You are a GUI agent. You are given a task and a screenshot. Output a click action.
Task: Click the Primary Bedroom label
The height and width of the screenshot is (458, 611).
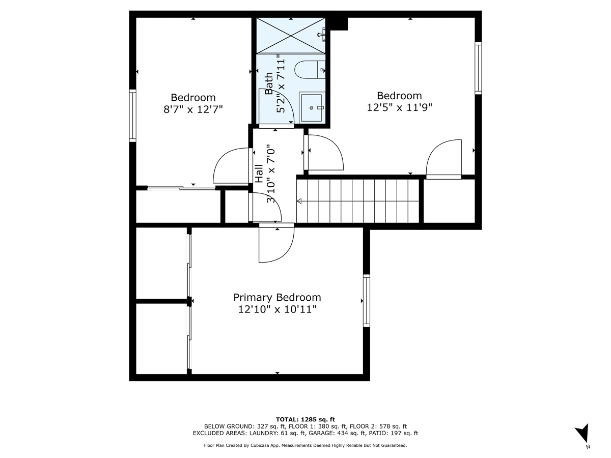277,297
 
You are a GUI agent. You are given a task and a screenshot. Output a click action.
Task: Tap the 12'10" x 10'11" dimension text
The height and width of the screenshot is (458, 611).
277,309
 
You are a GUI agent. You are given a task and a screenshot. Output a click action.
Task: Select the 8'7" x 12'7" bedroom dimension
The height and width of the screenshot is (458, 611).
193,109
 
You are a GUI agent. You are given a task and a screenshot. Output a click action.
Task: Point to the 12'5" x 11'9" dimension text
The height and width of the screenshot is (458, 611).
399,107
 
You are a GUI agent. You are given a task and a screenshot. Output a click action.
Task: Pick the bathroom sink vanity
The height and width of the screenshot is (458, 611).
312,107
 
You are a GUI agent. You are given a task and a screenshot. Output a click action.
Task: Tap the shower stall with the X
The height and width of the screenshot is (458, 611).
290,35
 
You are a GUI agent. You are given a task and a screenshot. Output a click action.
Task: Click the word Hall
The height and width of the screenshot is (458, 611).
259,173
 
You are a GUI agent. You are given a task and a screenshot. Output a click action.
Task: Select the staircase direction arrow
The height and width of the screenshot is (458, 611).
299,202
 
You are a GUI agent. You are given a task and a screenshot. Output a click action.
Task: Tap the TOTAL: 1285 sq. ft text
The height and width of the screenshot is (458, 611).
305,419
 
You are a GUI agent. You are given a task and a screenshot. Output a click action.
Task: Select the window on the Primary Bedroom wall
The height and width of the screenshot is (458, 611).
366,300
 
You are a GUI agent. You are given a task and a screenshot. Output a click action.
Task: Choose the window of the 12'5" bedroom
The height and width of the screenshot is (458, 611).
478,68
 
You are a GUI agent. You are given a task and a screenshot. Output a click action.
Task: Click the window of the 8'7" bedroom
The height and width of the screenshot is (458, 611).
133,115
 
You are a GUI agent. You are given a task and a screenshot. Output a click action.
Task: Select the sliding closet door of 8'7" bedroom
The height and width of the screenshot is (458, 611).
181,188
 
